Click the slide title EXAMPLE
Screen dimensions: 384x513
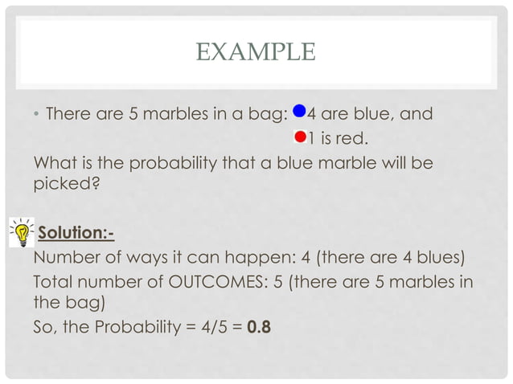pyautogui.click(x=256, y=53)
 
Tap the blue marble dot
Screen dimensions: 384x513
pyautogui.click(x=299, y=112)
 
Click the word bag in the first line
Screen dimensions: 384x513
pyautogui.click(x=261, y=114)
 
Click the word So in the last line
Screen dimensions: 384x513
pyautogui.click(x=44, y=327)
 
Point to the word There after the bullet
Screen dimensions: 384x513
pyautogui.click(x=71, y=114)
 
